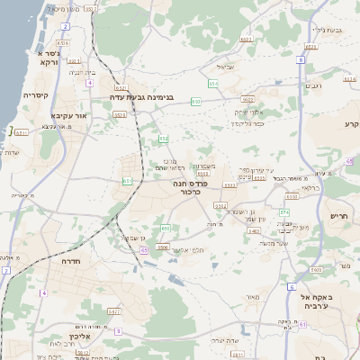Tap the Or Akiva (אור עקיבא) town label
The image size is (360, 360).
click(47, 115)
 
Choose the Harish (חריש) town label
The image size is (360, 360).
click(338, 216)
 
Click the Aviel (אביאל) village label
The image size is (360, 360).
click(224, 67)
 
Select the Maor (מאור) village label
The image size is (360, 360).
click(251, 297)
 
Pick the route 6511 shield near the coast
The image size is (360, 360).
click(21, 132)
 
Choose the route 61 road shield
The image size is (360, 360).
click(144, 251)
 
